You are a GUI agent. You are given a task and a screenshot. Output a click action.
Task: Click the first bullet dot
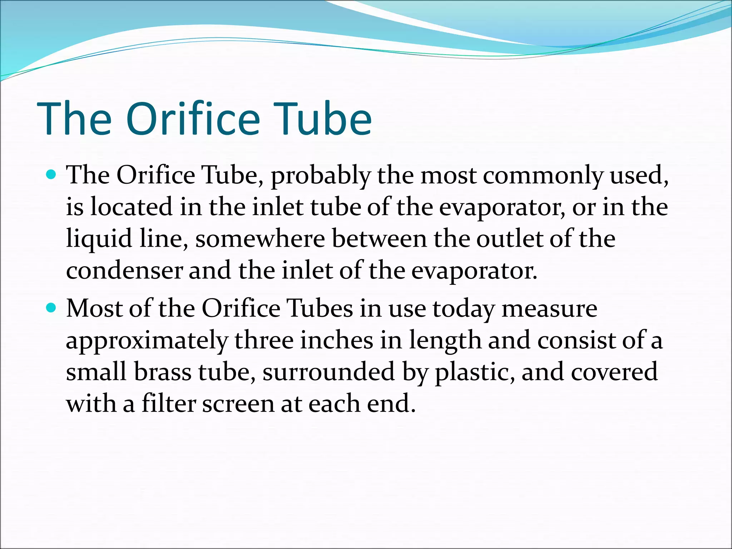(x=52, y=175)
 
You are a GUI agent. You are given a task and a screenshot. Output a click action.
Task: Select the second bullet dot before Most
(x=52, y=307)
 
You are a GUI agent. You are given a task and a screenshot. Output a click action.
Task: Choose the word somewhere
(x=260, y=239)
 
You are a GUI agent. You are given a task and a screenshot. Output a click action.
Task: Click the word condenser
(x=124, y=271)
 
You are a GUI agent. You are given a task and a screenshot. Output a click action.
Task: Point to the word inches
(x=336, y=340)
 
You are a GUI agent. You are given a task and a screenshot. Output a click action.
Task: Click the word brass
(x=163, y=372)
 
